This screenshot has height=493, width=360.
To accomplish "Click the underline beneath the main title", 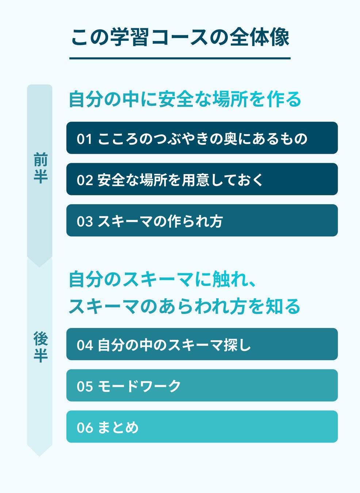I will pos(180,58).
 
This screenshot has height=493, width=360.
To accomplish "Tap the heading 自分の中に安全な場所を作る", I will pos(185,99).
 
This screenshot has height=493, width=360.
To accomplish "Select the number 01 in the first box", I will pos(84,139).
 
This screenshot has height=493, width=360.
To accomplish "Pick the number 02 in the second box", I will pos(85,180).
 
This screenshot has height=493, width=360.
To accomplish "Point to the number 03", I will pos(85,221).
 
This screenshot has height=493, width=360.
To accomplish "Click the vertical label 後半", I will pos(40,347).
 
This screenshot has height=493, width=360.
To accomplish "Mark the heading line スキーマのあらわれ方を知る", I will pos(184,306).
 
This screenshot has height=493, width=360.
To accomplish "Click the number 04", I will pos(85,345).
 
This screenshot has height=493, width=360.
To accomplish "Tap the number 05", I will pos(85,386).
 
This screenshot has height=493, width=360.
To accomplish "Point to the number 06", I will pos(85,428).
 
